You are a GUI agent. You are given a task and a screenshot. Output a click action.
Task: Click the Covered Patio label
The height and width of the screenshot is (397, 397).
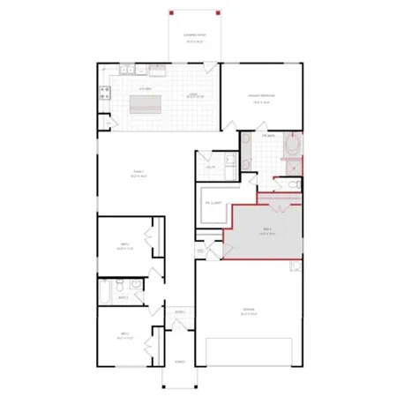pos(194,36)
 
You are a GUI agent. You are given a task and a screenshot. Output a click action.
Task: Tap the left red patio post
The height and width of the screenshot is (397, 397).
pos(170,13)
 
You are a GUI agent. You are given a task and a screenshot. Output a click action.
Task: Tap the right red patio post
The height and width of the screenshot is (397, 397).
pos(218,13)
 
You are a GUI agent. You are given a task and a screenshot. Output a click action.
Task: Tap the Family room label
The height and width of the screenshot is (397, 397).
pos(139,175)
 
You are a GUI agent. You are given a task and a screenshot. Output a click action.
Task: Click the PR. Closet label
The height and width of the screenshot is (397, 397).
pos(213,203)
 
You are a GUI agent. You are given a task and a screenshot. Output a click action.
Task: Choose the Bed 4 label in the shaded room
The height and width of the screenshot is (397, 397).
pos(266,232)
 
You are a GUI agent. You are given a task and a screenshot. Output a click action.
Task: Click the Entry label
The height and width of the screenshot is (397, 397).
pos(179,312)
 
